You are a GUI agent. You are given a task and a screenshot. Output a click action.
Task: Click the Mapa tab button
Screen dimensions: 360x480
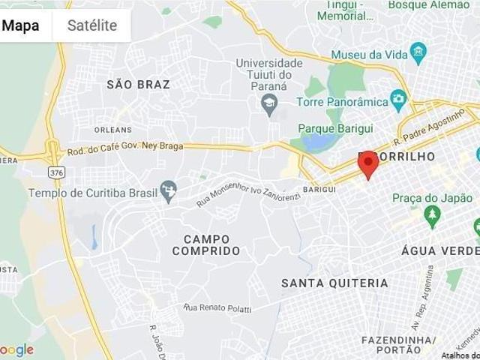tap(21, 25)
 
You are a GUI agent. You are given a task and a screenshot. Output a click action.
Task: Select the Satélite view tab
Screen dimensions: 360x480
tap(92, 25)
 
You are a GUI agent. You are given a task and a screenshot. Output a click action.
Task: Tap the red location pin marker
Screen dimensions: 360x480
tap(368, 164)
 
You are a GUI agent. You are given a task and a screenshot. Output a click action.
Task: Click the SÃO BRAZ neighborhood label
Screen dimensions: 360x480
tap(139, 85)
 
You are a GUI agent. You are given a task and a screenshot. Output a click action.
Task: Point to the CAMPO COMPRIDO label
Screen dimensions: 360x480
tap(206, 244)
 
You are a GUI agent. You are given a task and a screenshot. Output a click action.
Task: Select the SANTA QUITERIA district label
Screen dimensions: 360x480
tap(334, 283)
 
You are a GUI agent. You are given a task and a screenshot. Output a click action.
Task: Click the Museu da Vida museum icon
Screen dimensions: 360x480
tap(418, 54)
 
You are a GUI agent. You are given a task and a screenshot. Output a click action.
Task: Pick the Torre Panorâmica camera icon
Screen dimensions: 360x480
tap(399, 100)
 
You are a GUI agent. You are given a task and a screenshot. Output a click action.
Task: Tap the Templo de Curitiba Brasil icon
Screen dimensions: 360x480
tap(169, 192)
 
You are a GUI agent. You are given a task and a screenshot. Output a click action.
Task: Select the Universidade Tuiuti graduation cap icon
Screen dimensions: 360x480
tap(269, 102)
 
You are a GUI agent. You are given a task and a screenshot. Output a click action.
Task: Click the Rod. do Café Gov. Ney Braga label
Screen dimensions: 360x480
tap(125, 147)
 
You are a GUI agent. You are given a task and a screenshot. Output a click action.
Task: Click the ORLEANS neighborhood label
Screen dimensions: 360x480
tap(113, 130)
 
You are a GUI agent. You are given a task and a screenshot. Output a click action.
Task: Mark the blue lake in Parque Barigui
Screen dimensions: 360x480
tap(317, 140)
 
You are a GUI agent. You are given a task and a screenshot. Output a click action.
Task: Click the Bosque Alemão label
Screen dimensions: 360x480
tap(428, 5)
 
